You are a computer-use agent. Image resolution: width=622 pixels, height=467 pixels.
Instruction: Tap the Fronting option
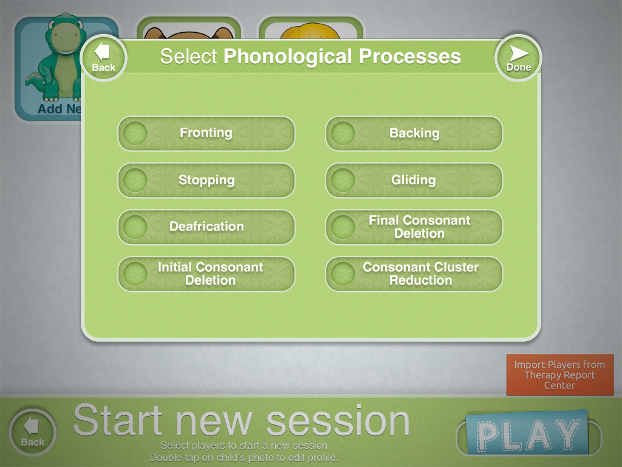207,133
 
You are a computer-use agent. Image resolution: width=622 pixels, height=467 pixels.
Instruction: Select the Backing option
414,133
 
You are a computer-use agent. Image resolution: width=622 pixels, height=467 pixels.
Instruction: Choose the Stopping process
207,180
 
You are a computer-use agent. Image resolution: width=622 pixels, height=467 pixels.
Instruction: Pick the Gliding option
414,180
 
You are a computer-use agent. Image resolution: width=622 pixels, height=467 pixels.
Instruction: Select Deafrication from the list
207,227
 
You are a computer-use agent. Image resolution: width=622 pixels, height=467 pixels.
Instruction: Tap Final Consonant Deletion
414,227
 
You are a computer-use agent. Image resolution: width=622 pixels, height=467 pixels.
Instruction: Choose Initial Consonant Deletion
207,274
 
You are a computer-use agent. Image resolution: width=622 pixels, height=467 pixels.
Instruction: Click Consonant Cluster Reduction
414,274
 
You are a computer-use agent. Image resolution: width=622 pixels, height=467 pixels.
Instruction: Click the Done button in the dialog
519,58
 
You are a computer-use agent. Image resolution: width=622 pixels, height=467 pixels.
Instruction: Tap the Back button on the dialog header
103,58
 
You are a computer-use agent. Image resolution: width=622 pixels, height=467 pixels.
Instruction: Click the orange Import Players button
559,375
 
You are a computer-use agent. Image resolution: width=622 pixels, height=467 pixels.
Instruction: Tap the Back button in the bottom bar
33,432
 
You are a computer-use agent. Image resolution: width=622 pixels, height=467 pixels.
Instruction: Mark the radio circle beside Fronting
135,133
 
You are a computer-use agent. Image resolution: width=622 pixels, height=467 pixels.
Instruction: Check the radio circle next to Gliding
343,180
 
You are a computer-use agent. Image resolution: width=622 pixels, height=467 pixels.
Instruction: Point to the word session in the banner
338,421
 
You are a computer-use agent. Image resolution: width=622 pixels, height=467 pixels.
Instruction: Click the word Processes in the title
410,57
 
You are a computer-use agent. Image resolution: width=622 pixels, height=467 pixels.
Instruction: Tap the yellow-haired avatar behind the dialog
310,31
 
